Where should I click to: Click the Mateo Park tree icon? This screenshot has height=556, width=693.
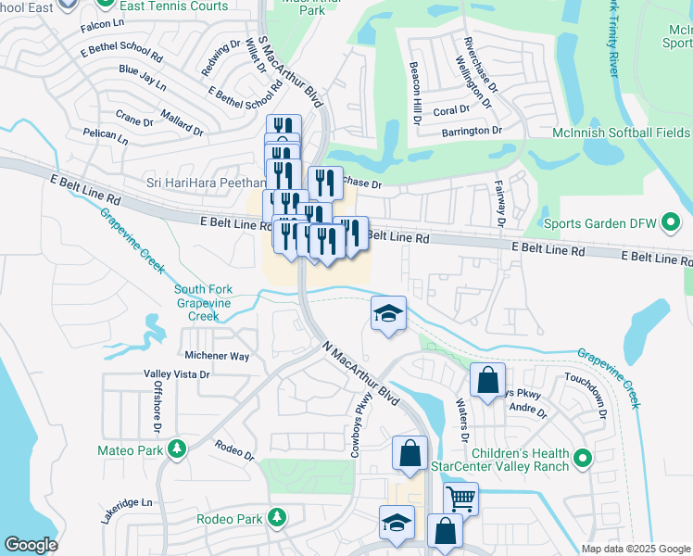pyautogui.click(x=175, y=450)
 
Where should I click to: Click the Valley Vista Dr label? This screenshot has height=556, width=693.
pyautogui.click(x=177, y=374)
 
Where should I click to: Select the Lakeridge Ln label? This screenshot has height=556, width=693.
pyautogui.click(x=126, y=503)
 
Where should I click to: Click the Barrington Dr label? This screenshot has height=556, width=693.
pyautogui.click(x=472, y=131)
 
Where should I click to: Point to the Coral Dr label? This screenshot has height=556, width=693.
pyautogui.click(x=452, y=109)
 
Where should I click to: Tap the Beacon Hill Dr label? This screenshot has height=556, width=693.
pyautogui.click(x=416, y=95)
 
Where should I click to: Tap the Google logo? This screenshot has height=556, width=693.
pyautogui.click(x=31, y=545)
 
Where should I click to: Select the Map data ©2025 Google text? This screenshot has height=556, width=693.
pyautogui.click(x=635, y=549)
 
